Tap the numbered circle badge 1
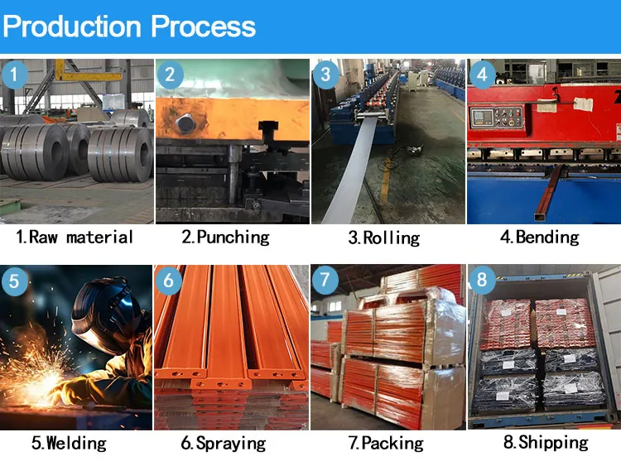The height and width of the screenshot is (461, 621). point(15,75)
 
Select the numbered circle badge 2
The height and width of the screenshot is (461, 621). point(170,75)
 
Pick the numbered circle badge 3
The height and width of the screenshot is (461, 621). point(325,75)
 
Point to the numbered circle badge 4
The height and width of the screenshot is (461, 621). point(481,75)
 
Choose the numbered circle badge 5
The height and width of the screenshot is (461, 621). point(15,281)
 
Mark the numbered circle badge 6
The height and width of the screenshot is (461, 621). point(170,281)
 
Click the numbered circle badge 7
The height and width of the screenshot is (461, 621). point(325,281)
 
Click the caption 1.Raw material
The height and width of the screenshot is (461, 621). point(75,238)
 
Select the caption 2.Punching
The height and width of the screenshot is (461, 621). point(225,238)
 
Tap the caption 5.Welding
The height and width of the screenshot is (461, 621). point(69,443)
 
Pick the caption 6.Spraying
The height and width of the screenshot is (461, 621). point(225,444)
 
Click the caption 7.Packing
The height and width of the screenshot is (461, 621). point(384,444)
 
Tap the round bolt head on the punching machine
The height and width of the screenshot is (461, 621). point(185,124)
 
